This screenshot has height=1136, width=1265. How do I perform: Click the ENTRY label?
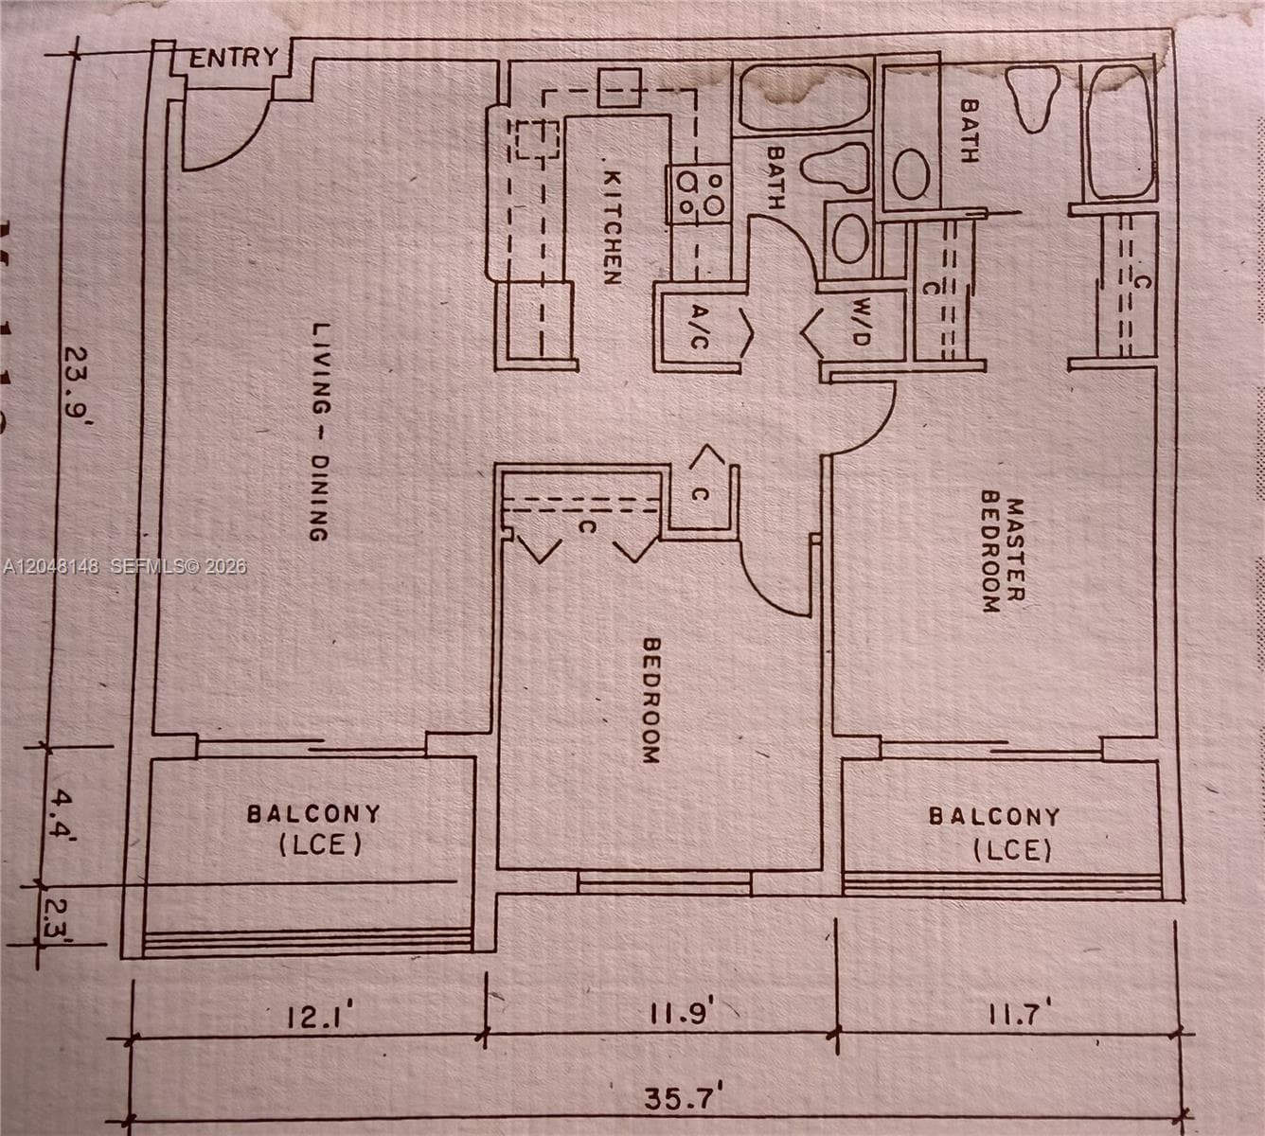click(x=234, y=58)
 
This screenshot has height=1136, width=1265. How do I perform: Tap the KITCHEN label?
click(x=613, y=228)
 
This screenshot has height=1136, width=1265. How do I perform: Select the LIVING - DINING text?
click(x=320, y=432)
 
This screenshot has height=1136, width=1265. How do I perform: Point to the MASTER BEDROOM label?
click(x=1003, y=551)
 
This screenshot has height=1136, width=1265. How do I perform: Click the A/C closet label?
click(x=698, y=327)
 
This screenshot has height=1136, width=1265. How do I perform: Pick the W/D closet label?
click(x=862, y=322)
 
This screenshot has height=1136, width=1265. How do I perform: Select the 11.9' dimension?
click(x=682, y=1012)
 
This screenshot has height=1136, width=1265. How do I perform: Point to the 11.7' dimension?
click(x=1022, y=1012)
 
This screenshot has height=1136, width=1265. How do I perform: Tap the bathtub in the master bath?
click(x=1119, y=133)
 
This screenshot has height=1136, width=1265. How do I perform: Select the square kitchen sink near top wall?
click(x=619, y=88)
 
